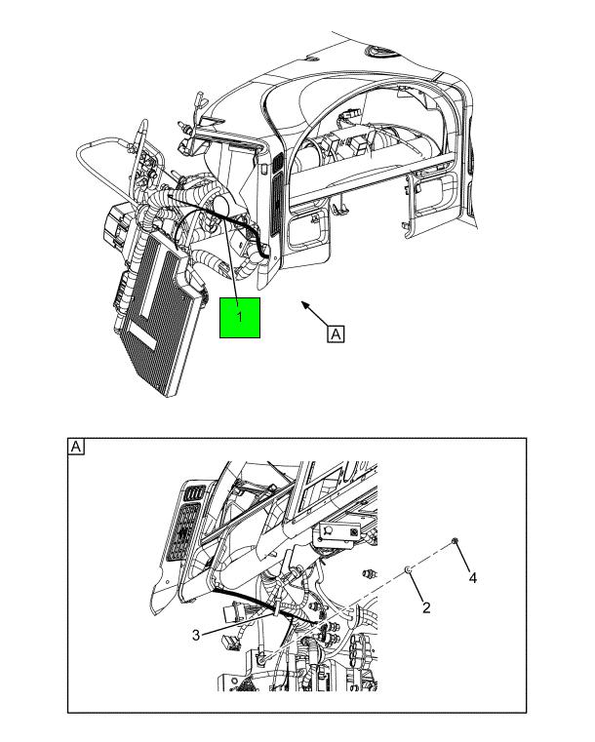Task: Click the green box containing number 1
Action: (x=240, y=318)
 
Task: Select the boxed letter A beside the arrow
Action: (x=336, y=333)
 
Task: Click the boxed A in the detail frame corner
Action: (x=76, y=447)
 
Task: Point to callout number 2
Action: (x=426, y=607)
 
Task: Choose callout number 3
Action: (x=196, y=635)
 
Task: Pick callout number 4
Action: (x=472, y=578)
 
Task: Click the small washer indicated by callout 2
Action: (x=408, y=569)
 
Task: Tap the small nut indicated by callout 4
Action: (x=455, y=540)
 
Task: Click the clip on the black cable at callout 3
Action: (x=276, y=610)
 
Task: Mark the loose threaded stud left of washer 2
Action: (x=369, y=573)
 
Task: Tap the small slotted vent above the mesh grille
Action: (x=193, y=492)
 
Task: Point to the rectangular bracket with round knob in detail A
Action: (x=339, y=532)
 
